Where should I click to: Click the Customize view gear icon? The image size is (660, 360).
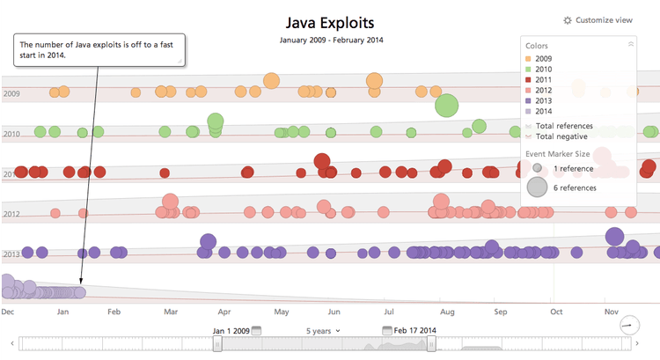click(x=567, y=19)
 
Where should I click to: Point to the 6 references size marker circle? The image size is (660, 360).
click(x=537, y=187)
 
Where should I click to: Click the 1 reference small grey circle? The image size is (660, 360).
click(x=537, y=167)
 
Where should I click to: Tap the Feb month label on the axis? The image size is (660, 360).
click(x=114, y=312)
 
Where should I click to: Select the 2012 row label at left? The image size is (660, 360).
click(x=11, y=214)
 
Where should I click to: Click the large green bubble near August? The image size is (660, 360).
click(x=446, y=105)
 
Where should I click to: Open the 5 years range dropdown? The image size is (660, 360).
click(x=323, y=331)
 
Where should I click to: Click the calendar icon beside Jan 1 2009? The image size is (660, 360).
click(x=257, y=331)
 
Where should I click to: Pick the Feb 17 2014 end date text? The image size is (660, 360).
click(x=414, y=331)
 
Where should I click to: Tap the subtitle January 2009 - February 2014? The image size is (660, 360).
click(x=330, y=40)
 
